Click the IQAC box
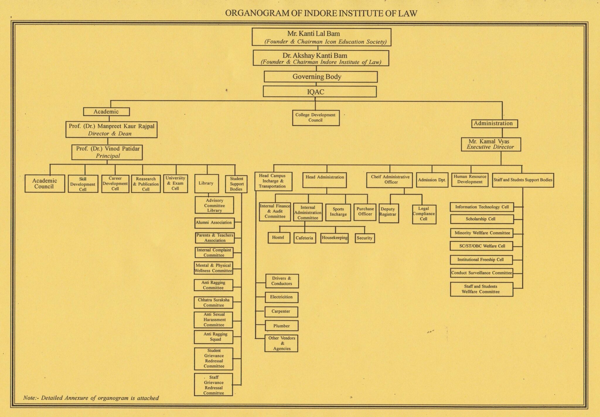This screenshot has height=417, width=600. pyautogui.click(x=319, y=92)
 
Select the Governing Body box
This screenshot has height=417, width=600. pyautogui.click(x=321, y=77)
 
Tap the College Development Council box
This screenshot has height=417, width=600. pyautogui.click(x=316, y=118)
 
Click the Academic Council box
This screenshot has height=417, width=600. pyautogui.click(x=45, y=184)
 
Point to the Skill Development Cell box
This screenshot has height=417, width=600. pyautogui.click(x=83, y=184)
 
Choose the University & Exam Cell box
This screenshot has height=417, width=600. pyautogui.click(x=175, y=183)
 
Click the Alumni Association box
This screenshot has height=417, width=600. pyautogui.click(x=214, y=223)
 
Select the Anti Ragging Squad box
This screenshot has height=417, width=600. pyautogui.click(x=214, y=337)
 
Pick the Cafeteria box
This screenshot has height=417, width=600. pyautogui.click(x=304, y=238)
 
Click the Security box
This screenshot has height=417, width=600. pyautogui.click(x=364, y=238)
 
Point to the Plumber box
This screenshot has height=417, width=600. pyautogui.click(x=281, y=326)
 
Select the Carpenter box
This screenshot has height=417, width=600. pyautogui.click(x=281, y=311)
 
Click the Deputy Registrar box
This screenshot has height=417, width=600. pyautogui.click(x=388, y=213)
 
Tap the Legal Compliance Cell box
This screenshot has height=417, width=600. pyautogui.click(x=424, y=214)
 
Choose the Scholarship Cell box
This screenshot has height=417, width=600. pyautogui.click(x=482, y=219)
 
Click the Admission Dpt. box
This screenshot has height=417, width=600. pyautogui.click(x=432, y=180)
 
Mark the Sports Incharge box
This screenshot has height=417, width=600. pyautogui.click(x=338, y=212)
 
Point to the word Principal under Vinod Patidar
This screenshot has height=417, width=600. pyautogui.click(x=108, y=156)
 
